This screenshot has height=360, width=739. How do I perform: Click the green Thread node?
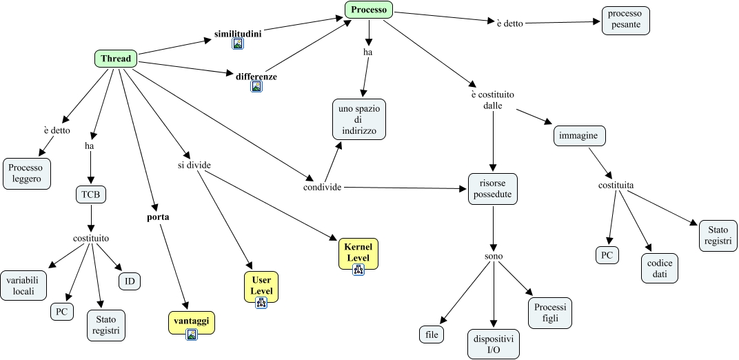115,59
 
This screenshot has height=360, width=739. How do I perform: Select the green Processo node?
369,10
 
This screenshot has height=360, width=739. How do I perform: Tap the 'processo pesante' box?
625,19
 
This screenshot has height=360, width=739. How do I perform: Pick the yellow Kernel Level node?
358,252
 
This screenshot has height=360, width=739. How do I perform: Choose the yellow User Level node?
261,286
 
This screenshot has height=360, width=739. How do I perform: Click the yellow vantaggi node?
192,321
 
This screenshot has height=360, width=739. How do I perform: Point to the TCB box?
91,194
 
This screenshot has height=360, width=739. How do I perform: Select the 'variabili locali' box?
24,286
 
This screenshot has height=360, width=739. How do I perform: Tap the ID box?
129,281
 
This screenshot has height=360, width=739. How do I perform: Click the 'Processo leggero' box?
26,174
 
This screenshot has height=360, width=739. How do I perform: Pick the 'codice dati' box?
660,268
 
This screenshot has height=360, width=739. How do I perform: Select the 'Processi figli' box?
549,314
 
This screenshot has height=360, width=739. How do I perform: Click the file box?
432,334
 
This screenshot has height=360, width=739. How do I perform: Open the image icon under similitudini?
238,43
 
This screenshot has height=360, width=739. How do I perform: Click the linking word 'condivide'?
323,187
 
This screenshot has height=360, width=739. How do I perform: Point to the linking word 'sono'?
493,256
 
